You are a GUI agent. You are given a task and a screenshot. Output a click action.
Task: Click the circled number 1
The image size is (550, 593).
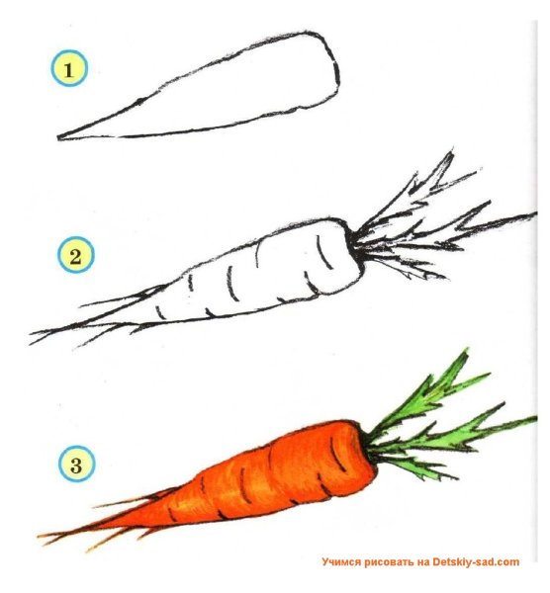pyautogui.click(x=69, y=69)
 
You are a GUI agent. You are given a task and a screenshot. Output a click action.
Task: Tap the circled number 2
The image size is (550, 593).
pyautogui.click(x=76, y=255)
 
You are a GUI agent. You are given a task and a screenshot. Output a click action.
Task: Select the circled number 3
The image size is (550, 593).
pyautogui.click(x=76, y=464)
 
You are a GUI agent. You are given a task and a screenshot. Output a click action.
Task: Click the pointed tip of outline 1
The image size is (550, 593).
pyautogui.click(x=58, y=138)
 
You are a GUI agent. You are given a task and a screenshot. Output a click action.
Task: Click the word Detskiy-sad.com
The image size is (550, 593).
pyautogui.click(x=476, y=562)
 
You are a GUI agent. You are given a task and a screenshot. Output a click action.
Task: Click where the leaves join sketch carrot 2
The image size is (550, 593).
pyautogui.click(x=353, y=241)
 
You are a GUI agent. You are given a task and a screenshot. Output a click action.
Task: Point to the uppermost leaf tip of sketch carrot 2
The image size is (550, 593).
pyautogui.click(x=451, y=151)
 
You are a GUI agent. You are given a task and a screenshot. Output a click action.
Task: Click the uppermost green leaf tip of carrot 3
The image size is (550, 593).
pyautogui.click(x=466, y=350)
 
